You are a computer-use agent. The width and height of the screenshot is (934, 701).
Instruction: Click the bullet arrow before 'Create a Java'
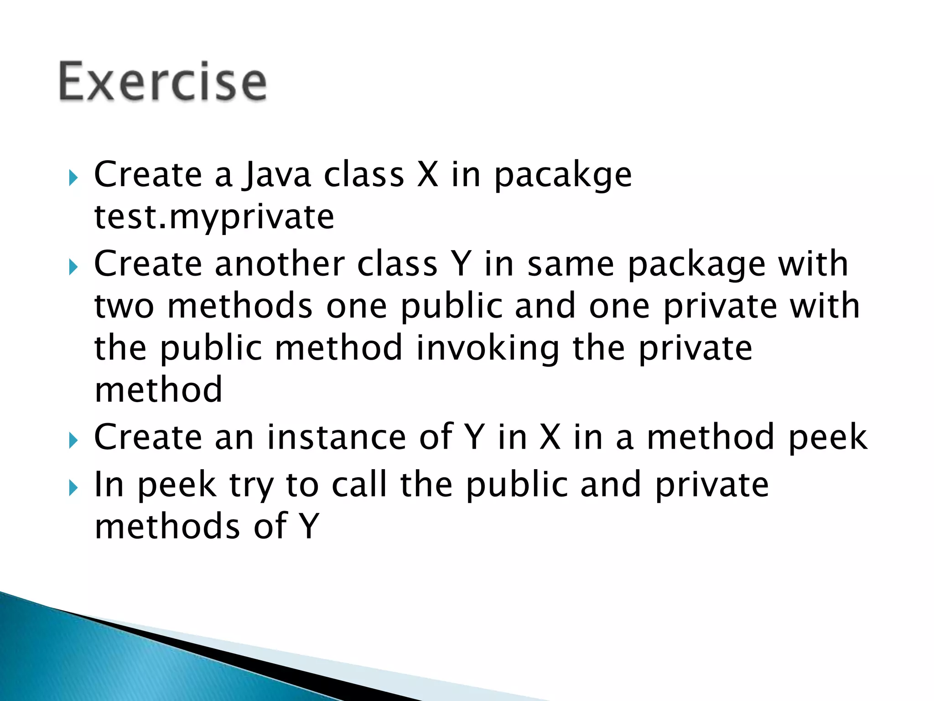73,178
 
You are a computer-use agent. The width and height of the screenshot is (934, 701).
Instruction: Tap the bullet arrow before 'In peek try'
73,489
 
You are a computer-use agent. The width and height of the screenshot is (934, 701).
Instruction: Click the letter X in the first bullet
427,175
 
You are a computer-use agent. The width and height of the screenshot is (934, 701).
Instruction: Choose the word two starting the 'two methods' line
124,307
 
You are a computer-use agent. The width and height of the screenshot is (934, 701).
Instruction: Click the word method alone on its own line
158,390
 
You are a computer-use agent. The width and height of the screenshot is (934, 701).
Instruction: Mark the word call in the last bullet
359,484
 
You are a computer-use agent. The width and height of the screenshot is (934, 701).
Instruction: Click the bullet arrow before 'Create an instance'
73,441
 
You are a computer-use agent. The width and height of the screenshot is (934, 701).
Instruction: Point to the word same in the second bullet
571,265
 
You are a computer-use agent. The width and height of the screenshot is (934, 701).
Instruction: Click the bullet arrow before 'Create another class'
73,267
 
